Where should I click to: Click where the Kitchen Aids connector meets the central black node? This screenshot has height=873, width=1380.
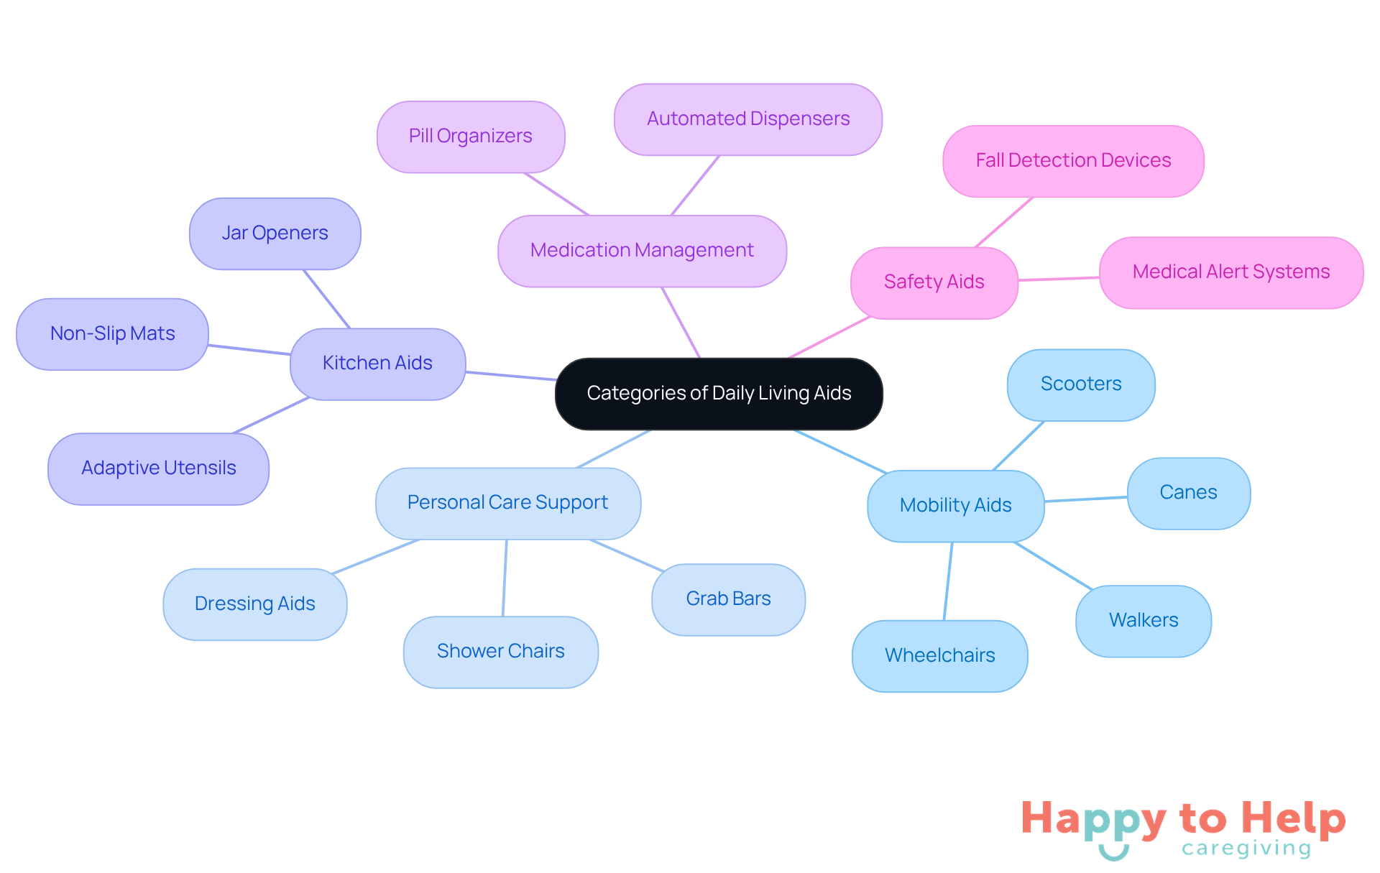coord(557,379)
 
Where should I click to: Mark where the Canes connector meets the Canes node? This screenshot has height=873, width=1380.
coord(1128,496)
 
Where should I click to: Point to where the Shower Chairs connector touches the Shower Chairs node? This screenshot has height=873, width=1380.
coord(503,616)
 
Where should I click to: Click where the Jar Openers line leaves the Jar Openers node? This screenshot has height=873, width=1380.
coord(303,269)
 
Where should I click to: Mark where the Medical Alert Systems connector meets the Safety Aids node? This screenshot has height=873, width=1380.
coord(1018,280)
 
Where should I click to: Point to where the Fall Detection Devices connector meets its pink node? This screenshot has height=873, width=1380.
coord(1033,197)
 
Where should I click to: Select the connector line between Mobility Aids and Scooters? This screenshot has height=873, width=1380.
coord(1018,446)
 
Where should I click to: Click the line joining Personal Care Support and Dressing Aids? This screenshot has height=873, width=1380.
coord(376,557)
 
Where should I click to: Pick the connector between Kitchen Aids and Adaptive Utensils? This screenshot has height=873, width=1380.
coord(271,415)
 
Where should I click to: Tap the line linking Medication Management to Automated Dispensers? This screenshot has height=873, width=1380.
coord(695,185)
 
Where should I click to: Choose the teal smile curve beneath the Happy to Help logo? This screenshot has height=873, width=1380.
coord(1113,851)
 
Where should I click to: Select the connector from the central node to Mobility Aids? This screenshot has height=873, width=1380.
coord(841,451)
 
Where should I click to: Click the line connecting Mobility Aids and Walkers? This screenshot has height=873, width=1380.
coord(1053,566)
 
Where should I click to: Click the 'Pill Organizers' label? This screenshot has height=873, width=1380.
coord(471,137)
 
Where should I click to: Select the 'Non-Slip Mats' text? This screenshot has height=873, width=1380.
coord(113,333)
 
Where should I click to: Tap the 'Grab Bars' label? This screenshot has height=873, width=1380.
coord(728,599)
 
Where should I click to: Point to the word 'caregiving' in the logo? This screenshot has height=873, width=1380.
coord(1246,849)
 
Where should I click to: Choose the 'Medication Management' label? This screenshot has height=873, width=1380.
coord(642,251)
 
